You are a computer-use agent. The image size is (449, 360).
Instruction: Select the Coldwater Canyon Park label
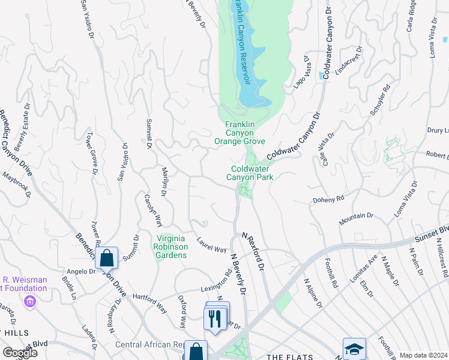(x=250, y=173)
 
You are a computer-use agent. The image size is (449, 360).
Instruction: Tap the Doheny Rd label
(x=328, y=199)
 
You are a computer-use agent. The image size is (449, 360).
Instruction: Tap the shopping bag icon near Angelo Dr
(x=106, y=259)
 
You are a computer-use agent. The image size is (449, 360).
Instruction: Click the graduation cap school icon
(x=354, y=349)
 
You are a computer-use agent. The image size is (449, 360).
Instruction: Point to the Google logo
(x=20, y=353)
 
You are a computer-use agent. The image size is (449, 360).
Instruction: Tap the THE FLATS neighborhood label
(x=287, y=356)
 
